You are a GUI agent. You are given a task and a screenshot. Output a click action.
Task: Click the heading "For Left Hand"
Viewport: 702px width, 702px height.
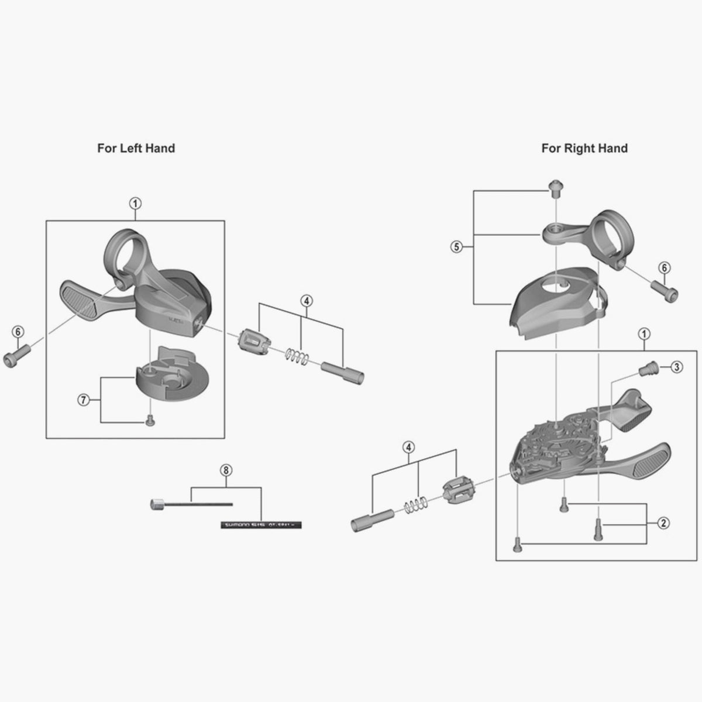[x=136, y=148]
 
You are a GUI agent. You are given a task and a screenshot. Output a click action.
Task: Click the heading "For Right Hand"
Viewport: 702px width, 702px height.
[x=584, y=148]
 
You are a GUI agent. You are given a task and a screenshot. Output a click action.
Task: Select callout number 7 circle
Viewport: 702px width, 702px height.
[x=84, y=400]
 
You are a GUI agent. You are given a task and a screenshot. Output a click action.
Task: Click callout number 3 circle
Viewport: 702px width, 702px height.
[x=676, y=367]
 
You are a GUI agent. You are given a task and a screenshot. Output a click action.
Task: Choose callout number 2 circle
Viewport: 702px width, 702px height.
[x=663, y=523]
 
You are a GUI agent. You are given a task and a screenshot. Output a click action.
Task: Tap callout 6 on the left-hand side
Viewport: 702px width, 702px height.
[x=18, y=332]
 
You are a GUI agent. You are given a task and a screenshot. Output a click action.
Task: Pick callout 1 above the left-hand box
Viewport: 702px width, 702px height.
[x=135, y=204]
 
